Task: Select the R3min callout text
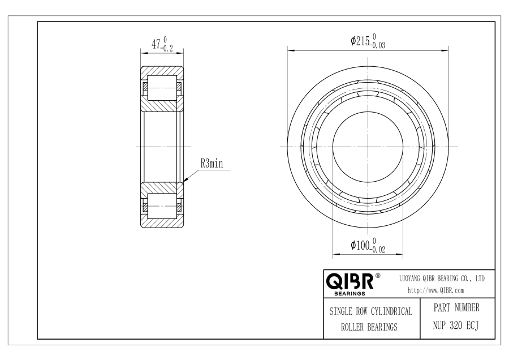212,163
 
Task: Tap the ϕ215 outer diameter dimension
368,41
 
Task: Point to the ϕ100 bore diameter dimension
368,245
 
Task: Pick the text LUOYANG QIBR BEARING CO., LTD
442,278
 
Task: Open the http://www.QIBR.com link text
435,290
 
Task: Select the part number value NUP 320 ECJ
456,325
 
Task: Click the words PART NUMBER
456,308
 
